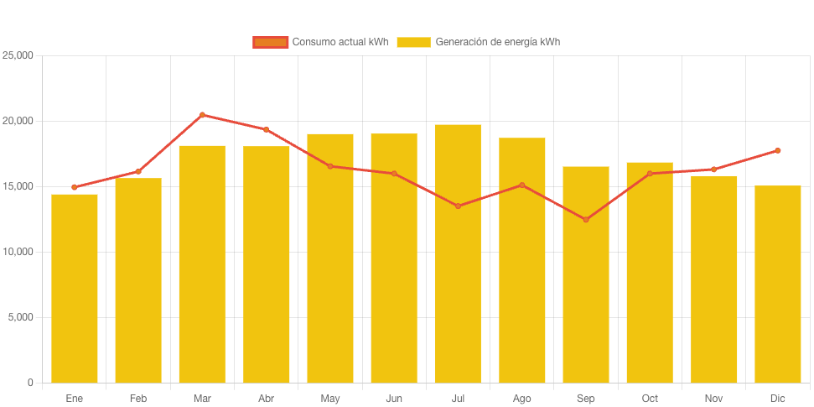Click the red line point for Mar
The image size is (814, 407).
tap(202, 115)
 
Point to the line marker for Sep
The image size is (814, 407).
tap(586, 220)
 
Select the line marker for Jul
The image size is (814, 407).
tap(458, 206)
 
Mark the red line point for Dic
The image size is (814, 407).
tap(777, 151)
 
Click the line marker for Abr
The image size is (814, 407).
tap(266, 129)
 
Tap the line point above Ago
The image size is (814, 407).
tap(521, 185)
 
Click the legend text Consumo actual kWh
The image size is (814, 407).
tap(340, 42)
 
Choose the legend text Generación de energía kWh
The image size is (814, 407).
tap(497, 42)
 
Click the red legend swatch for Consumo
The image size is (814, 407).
tap(270, 42)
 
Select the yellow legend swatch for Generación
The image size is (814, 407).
tap(413, 42)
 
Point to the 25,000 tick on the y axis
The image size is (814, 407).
tap(18, 55)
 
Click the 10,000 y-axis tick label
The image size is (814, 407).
tap(18, 252)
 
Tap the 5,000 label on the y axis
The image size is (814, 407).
tap(20, 317)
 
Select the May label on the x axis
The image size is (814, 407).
tap(329, 399)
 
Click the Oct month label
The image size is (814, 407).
tap(650, 399)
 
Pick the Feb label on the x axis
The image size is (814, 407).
tap(138, 399)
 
